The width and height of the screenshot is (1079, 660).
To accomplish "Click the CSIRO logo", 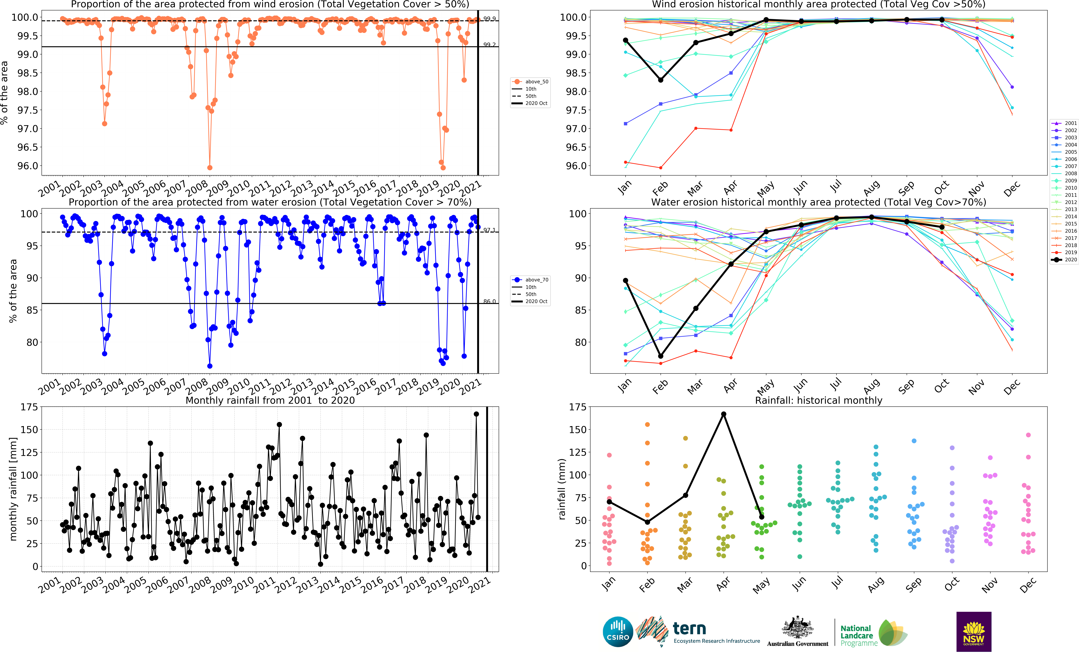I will coord(618,632).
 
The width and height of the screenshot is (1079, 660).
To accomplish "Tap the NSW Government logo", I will coord(973,632).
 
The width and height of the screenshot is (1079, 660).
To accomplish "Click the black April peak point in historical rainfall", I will coord(724,414).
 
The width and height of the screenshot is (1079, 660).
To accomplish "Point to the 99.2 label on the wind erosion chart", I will coord(490,45).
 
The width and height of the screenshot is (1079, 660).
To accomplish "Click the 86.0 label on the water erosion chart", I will coord(490,302).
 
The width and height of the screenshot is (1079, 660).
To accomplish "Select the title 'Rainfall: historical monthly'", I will coord(818,400).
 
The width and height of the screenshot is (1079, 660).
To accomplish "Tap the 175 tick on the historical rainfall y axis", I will coord(578,407).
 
